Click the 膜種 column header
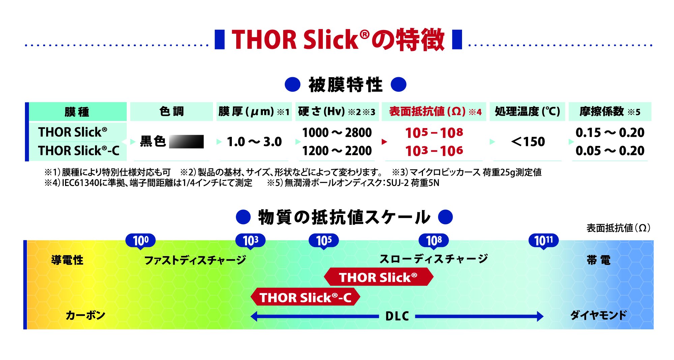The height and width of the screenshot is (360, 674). coord(77,112)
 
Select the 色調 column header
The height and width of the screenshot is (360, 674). coord(172,111)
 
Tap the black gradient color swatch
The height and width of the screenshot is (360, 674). coord(186,142)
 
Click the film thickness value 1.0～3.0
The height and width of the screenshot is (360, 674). coord(254,142)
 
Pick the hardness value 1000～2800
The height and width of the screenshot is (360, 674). coord(337,132)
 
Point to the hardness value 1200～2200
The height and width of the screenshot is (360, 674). coord(337,151)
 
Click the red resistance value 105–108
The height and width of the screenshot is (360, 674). coord(434,133)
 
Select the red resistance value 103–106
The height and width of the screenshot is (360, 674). coord(434,151)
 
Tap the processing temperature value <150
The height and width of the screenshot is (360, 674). coord(528,142)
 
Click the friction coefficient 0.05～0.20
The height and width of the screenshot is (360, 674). coord(610,151)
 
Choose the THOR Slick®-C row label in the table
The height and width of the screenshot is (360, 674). coord(79,151)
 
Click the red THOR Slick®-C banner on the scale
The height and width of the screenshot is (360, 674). coord(305,297)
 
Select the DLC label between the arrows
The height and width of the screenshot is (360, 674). coord(397,316)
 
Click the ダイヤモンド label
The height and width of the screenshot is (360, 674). coord(599,315)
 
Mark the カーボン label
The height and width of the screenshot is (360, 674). coord(86,315)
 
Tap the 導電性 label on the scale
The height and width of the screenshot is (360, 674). coord(67,260)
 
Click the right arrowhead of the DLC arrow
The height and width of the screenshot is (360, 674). coord(540,316)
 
